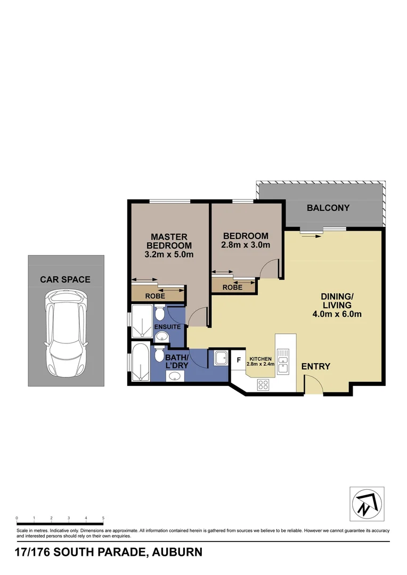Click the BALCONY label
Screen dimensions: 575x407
point(328,208)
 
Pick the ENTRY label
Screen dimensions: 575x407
point(315,367)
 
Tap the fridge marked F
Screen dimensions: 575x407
point(239,360)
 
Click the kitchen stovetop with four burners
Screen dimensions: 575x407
point(263,384)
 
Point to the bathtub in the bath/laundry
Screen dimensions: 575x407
point(140,363)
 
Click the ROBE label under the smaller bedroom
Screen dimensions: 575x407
point(233,287)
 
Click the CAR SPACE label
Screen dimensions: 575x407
point(65,280)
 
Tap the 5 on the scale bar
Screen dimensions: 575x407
point(103,517)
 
